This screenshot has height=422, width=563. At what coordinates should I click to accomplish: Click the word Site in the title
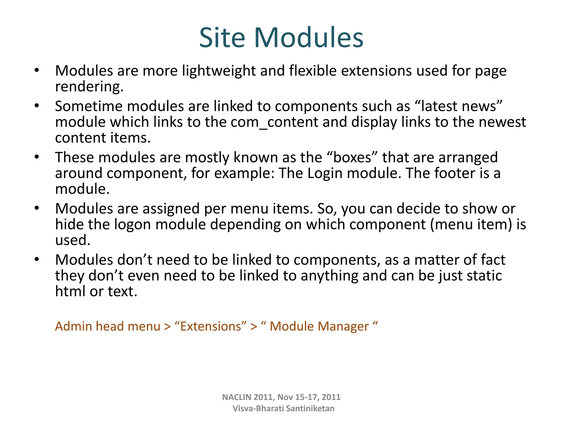(222, 38)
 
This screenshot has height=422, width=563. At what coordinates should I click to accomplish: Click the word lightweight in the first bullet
(219, 71)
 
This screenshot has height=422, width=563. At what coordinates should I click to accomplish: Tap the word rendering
(89, 87)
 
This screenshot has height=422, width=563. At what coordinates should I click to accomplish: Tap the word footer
(455, 173)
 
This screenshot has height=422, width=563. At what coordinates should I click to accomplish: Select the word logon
(133, 224)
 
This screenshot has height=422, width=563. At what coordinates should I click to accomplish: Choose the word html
(70, 291)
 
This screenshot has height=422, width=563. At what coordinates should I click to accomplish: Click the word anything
(329, 276)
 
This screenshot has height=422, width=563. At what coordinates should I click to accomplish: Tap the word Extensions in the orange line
(211, 326)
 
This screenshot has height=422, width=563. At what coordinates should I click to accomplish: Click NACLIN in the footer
(237, 397)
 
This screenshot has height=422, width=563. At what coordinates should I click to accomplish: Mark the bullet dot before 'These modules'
(37, 157)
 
